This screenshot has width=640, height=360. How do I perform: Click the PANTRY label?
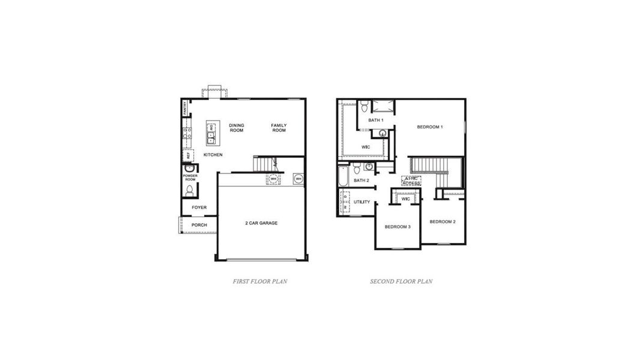(185, 108)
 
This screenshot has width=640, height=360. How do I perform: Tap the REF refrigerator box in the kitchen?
(188, 155)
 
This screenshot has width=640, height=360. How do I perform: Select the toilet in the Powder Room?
(190, 191)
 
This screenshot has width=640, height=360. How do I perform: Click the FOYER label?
(199, 208)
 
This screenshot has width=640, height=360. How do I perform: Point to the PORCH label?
(199, 225)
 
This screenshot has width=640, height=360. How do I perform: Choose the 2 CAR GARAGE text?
(261, 223)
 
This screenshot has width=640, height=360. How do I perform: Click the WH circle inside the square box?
(298, 179)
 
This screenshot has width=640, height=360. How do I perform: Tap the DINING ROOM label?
(237, 128)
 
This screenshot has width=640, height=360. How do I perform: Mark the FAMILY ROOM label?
(279, 128)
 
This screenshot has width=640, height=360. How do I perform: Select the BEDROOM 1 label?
(430, 127)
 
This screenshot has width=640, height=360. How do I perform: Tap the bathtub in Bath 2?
(343, 175)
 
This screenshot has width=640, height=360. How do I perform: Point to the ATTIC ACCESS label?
(411, 181)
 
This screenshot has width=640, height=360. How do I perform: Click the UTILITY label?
(362, 202)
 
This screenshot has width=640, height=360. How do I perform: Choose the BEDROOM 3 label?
(397, 226)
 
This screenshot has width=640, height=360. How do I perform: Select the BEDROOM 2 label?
(442, 222)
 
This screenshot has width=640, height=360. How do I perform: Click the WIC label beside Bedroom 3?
(405, 199)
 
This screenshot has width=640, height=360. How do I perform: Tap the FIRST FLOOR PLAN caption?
(260, 281)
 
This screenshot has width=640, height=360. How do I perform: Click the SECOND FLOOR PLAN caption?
(401, 281)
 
